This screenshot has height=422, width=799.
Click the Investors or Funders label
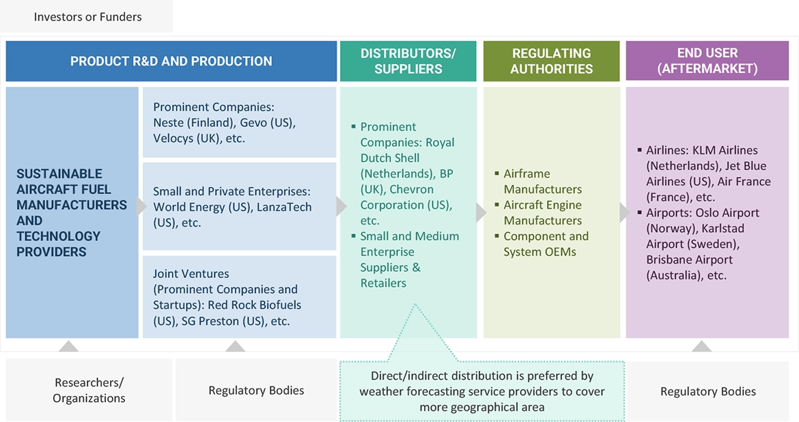coord(87,17)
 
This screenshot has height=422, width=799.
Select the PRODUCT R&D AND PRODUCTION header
coord(171,61)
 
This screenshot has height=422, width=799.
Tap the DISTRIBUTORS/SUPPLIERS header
coord(408,61)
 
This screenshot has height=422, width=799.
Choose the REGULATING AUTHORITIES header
coord(551,61)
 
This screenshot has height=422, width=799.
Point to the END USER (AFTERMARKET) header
coord(707,61)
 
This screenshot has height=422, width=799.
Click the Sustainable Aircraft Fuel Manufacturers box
coord(72,212)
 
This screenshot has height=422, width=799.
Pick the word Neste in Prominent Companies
coord(170,123)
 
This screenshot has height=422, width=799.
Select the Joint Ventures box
coord(239,297)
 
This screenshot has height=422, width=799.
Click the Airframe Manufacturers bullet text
coord(543,181)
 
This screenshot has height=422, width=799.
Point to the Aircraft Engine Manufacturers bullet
coord(543,212)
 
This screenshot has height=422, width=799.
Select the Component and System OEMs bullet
coord(546,244)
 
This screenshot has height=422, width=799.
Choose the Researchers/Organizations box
coord(89,390)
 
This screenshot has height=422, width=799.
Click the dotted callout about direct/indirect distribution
coord(481,391)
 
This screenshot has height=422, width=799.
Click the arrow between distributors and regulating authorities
coord(481,212)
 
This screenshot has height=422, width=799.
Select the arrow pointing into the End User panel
coord(624,212)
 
